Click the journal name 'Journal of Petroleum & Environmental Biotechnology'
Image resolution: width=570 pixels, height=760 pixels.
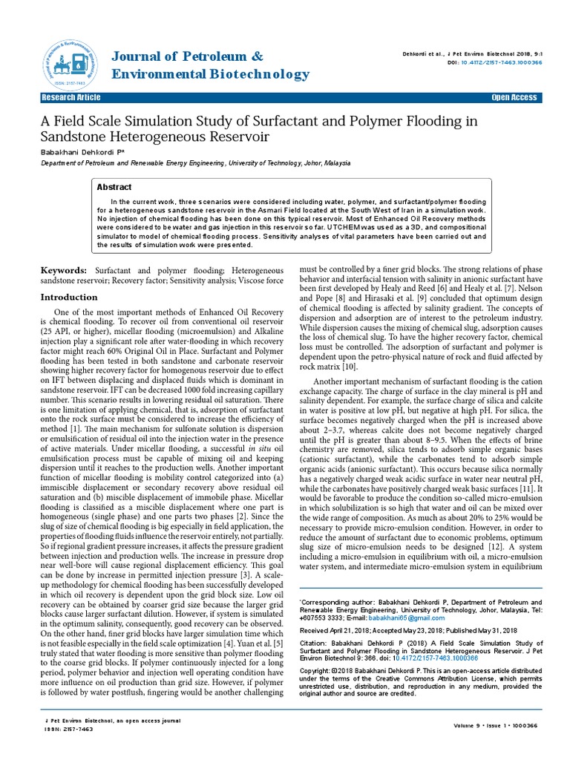pyautogui.click(x=210, y=65)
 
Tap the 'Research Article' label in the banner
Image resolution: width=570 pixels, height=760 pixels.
pyautogui.click(x=71, y=98)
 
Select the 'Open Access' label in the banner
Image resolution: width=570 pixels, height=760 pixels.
pyautogui.click(x=514, y=98)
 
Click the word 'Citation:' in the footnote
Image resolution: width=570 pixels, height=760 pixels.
pyautogui.click(x=313, y=643)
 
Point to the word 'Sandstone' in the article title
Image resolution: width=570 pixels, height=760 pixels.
pyautogui.click(x=75, y=137)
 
